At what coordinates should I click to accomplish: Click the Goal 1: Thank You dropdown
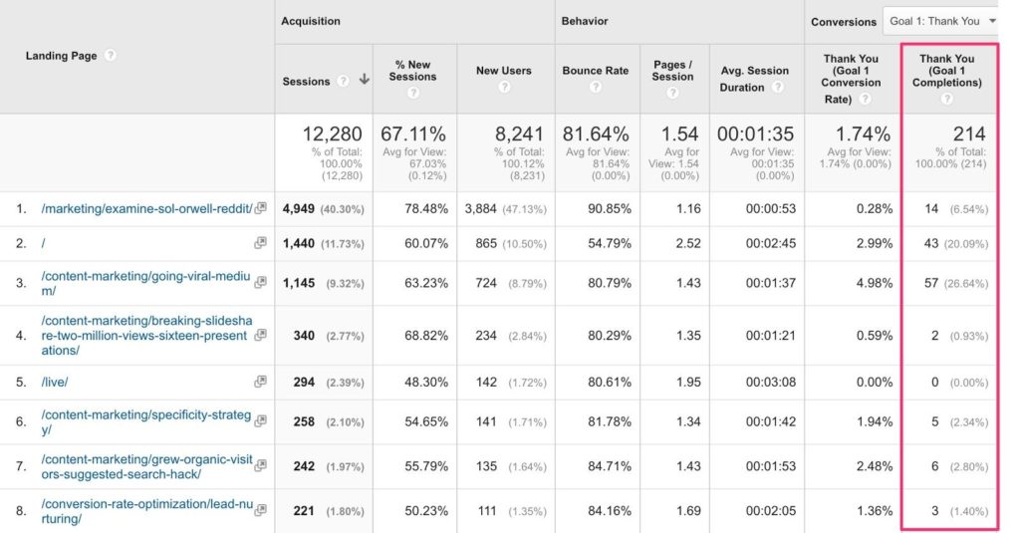click(939, 21)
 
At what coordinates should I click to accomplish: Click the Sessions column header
click(306, 82)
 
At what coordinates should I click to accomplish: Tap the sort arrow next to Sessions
click(365, 80)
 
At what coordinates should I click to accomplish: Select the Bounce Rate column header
click(596, 71)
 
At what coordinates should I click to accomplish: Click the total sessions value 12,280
click(332, 134)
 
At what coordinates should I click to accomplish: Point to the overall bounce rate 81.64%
click(596, 134)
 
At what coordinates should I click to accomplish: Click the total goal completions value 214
click(969, 134)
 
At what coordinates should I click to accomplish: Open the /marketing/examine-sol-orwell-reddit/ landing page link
click(146, 209)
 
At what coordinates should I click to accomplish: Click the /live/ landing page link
click(55, 382)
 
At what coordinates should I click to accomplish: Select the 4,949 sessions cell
click(299, 209)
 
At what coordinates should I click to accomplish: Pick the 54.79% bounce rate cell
click(610, 243)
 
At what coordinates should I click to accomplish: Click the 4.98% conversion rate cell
click(875, 283)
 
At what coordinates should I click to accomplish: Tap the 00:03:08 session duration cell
click(771, 382)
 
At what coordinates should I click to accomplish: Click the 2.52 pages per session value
click(688, 243)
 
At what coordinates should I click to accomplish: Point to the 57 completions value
click(931, 283)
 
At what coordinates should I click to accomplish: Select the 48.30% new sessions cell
click(426, 382)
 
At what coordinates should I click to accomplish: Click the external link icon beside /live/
click(260, 382)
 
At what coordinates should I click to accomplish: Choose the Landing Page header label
click(61, 56)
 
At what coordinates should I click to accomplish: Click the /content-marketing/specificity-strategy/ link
click(145, 421)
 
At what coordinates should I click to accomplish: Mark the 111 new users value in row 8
click(487, 511)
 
